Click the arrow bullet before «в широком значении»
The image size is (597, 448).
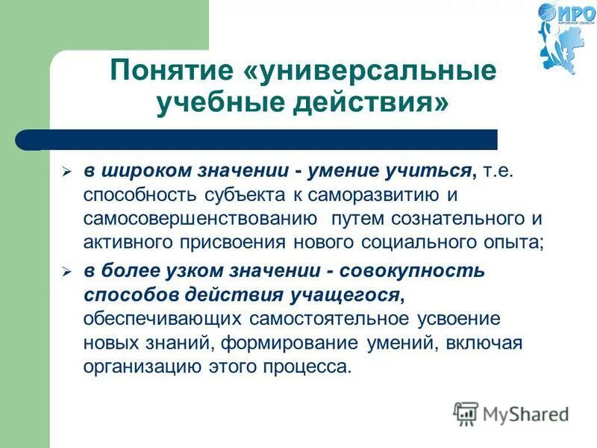coord(66,172)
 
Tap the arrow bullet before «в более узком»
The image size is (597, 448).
coord(66,273)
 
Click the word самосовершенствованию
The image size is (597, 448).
coord(197,220)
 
